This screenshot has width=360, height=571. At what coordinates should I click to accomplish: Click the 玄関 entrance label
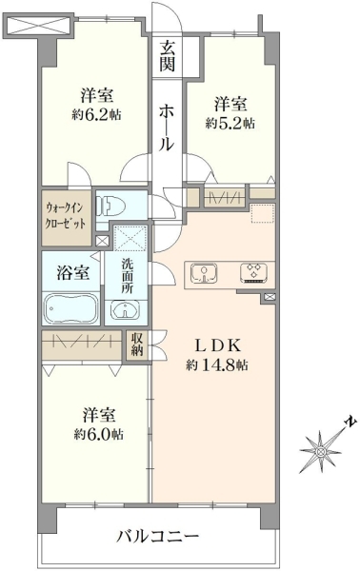coord(168,56)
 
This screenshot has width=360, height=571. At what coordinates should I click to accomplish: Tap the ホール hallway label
coord(167,128)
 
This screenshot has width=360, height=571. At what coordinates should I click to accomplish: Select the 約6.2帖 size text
coord(96,115)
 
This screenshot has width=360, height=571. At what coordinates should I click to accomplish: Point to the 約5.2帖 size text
coord(230,124)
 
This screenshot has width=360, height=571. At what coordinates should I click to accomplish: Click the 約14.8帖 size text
coord(217,364)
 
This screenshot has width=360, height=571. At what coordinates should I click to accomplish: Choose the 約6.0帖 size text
coord(98,435)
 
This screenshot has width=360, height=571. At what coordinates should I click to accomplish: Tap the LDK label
coord(218,345)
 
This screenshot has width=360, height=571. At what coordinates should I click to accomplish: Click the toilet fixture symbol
coord(110,207)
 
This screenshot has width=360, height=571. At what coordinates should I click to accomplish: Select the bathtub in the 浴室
coord(71,307)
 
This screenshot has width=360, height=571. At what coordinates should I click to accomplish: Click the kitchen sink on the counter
coord(205,274)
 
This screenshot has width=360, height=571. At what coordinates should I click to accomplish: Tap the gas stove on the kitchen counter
coord(253,273)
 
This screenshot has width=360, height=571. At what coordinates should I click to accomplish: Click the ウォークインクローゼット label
coord(65,216)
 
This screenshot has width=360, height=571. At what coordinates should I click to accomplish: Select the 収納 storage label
coord(137,345)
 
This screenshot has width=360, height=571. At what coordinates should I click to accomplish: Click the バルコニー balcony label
coord(158,537)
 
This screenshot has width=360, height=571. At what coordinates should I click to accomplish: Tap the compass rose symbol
coord(321,451)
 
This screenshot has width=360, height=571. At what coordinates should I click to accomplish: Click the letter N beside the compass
coord(350,422)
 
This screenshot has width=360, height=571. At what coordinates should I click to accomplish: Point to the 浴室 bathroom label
coord(73,272)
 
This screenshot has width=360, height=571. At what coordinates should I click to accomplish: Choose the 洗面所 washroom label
coord(128,276)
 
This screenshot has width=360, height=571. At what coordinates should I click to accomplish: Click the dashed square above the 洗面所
coord(130,238)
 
